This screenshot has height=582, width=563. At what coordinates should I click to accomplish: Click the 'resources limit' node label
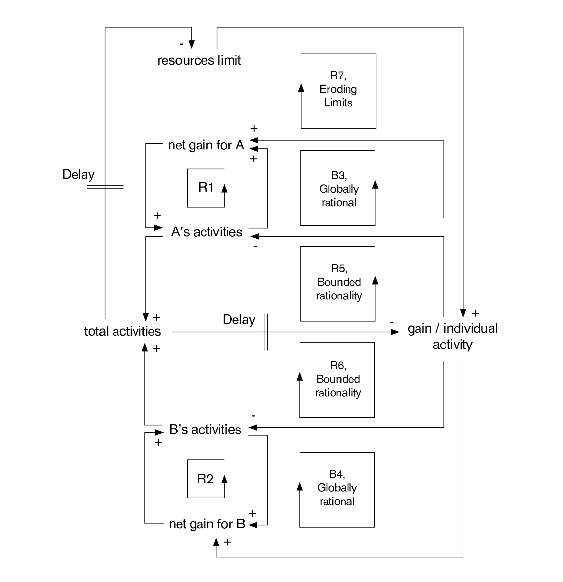coord(199,60)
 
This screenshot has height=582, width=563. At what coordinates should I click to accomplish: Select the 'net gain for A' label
coord(206,145)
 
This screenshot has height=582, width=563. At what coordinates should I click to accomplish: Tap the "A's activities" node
coord(206,232)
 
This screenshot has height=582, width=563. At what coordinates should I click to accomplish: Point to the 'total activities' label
coord(122,331)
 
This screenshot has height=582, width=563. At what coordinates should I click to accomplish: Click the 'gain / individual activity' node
coord(452,336)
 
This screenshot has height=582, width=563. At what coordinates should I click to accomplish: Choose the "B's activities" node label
coord(205,430)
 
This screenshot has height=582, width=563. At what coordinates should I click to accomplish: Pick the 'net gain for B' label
coord(207,524)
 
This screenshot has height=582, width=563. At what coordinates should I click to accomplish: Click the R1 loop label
coord(206,188)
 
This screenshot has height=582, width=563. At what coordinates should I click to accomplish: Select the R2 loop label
coord(205,479)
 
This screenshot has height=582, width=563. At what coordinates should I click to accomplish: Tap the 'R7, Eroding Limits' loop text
coord(338,89)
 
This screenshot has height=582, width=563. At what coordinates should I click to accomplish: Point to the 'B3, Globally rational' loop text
coord(339,189)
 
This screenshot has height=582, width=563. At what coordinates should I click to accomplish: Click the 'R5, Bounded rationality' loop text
coord(339,282)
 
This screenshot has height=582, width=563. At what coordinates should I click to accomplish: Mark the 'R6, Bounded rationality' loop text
coord(338,379)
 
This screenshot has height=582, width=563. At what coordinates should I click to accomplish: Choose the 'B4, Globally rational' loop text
coord(337,488)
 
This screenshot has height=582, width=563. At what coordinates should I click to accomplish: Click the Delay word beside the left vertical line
coord(78,175)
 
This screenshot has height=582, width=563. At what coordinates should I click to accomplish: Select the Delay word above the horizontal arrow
coord(239,320)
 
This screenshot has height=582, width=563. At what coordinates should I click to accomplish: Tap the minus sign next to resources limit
coord(182,44)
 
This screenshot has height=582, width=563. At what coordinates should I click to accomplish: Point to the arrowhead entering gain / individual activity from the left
coord(395,332)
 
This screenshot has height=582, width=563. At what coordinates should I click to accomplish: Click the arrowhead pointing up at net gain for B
coord(216,542)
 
